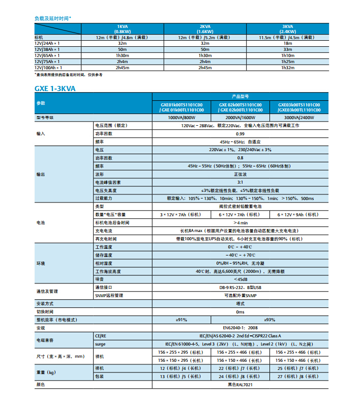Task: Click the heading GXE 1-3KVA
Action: [x=55, y=88]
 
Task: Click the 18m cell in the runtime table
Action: [x=287, y=44]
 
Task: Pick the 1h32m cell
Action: [x=287, y=67]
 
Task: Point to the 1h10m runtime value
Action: [x=287, y=55]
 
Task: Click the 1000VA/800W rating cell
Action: [x=182, y=117]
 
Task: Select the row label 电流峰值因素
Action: [x=108, y=182]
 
